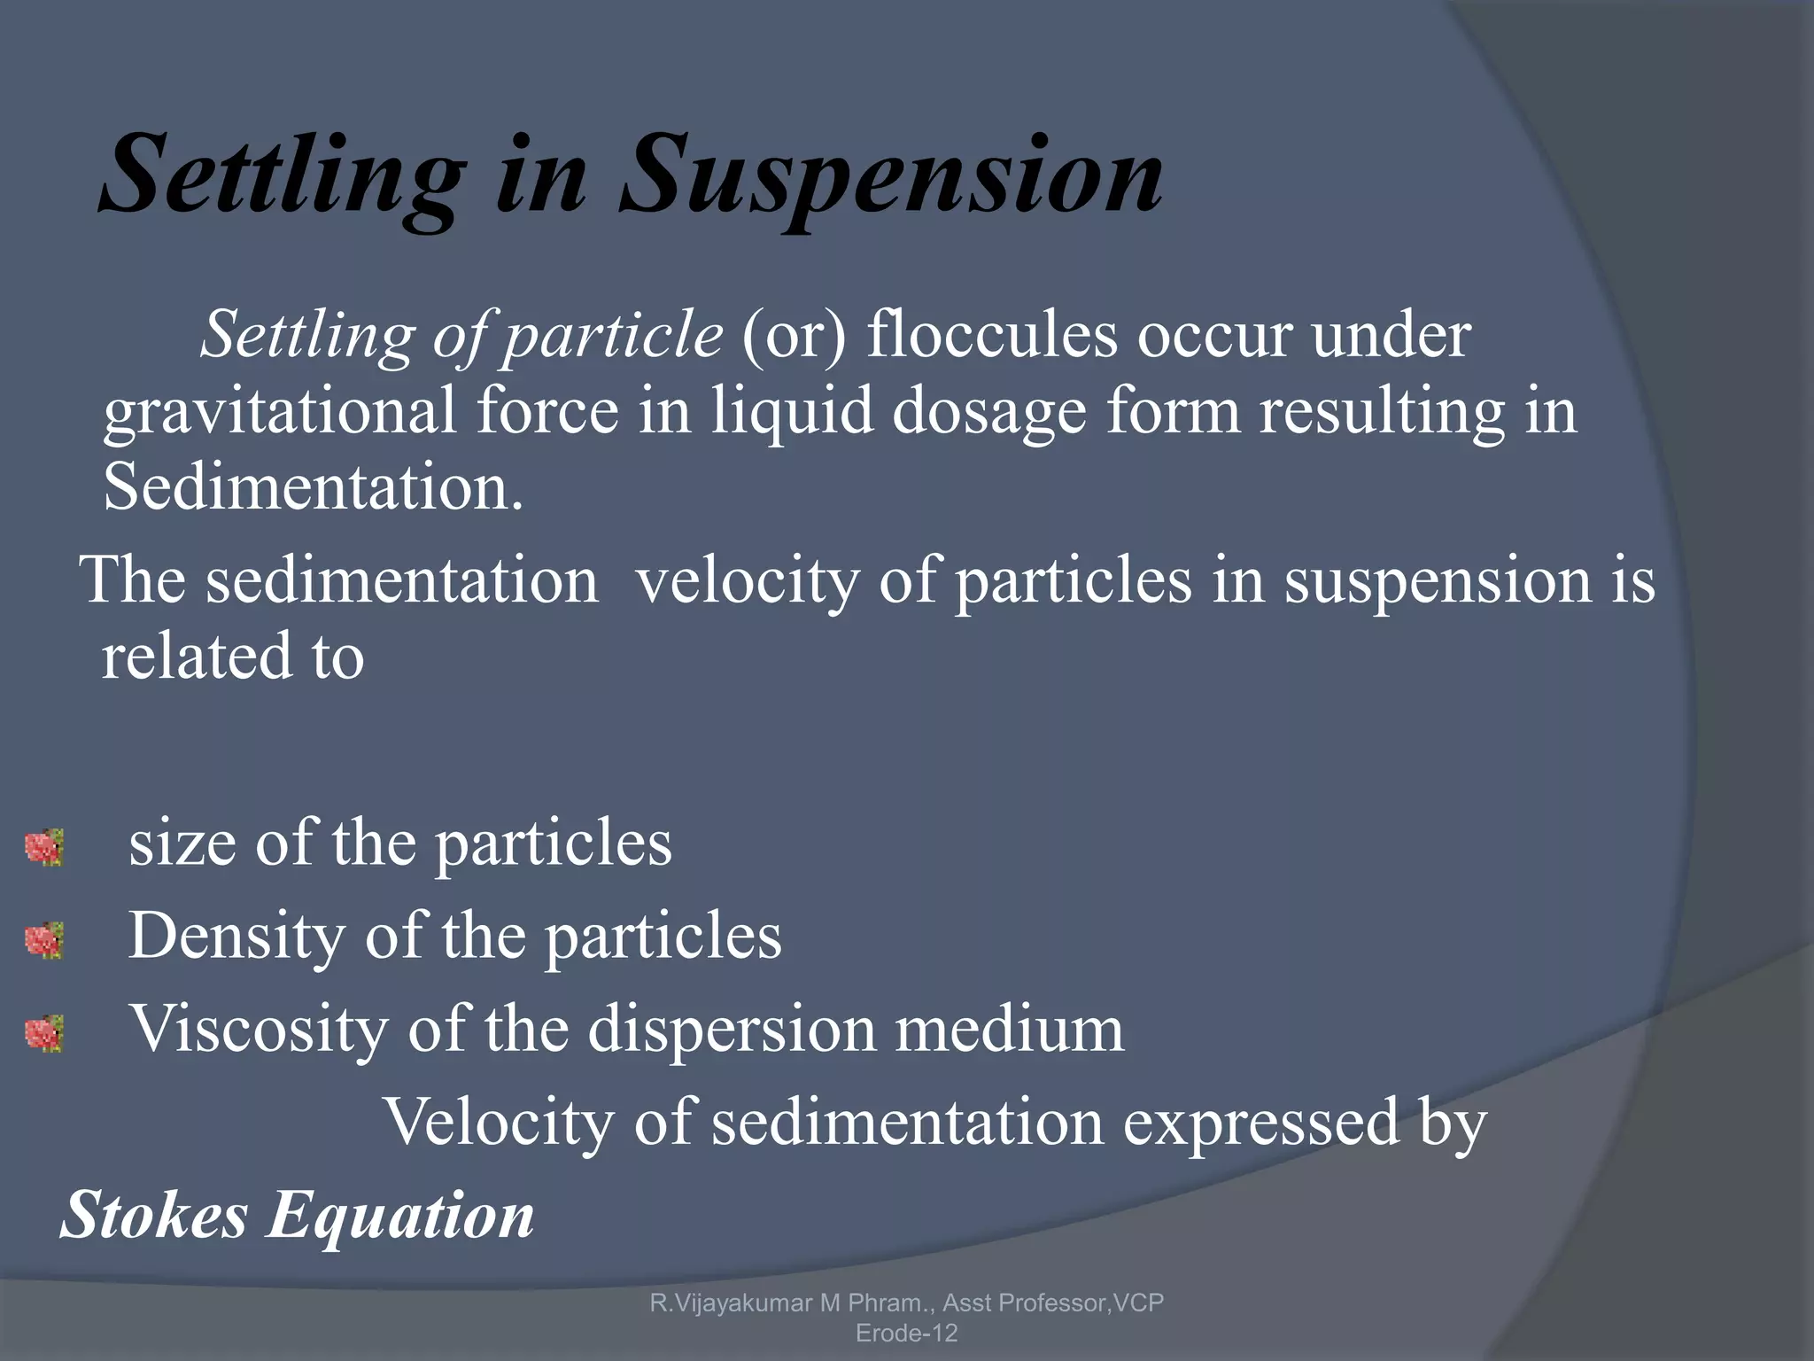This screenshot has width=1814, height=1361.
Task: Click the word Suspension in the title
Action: [x=891, y=175]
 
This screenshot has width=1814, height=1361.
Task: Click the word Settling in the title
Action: [x=282, y=175]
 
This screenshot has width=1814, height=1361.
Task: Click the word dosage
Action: [x=988, y=412]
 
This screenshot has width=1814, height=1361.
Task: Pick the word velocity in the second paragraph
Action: [x=748, y=581]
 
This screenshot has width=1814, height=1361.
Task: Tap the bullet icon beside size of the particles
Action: [x=44, y=847]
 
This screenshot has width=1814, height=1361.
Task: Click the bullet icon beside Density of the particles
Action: [x=44, y=940]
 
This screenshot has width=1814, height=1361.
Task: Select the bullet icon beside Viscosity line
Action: [x=44, y=1033]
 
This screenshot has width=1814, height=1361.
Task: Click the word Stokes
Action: [x=154, y=1215]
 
